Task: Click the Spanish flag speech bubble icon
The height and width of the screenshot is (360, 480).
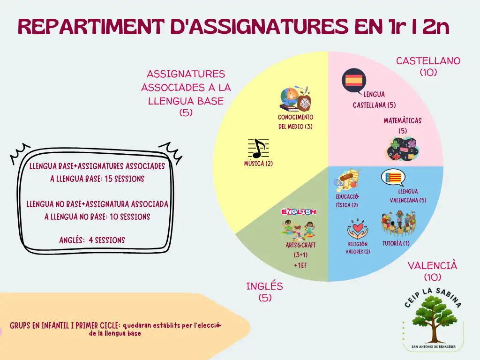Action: coord(354,81)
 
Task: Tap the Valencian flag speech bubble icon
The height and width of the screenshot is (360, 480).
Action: coord(393,177)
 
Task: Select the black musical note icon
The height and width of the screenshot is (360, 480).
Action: coord(258,149)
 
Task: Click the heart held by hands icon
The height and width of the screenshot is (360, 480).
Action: coord(358,229)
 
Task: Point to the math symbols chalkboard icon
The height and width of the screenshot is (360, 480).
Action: coord(402,149)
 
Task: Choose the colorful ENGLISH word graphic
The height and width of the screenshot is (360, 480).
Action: coord(299,211)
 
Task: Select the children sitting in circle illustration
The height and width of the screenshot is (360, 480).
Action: coord(398,224)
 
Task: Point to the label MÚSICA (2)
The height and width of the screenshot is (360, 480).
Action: coord(258,164)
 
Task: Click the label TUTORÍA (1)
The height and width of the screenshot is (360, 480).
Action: coord(396,243)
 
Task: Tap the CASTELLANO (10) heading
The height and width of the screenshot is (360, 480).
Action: coord(428,67)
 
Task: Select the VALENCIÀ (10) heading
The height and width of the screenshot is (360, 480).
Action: coord(432,271)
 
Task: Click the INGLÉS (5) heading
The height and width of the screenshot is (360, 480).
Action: coord(265,292)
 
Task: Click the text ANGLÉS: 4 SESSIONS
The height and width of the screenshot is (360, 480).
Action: coord(92,240)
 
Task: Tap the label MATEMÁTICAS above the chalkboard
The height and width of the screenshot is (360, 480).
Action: coord(403,120)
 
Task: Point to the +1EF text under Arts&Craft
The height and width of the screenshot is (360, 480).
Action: coord(300,265)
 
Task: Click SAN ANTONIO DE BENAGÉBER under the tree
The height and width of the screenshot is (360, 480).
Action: coord(434,347)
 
